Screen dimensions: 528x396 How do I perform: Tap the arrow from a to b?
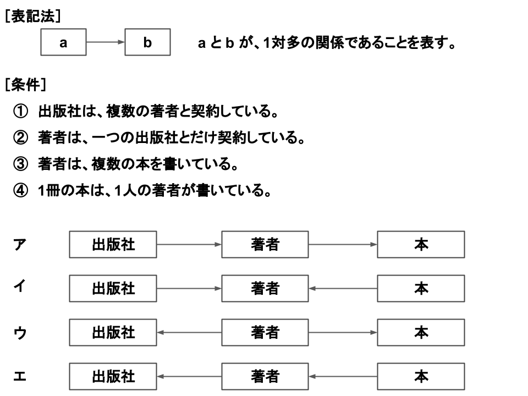[106, 42]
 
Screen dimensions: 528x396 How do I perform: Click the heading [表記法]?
[32, 16]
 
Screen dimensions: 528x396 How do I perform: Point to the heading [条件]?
[26, 85]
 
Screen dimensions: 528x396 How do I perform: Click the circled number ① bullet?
[20, 111]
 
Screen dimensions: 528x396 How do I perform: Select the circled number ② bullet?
[20, 137]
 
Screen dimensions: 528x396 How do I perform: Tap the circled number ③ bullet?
[20, 164]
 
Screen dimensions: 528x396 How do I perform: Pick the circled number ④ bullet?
[20, 190]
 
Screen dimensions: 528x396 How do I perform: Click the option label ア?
[20, 244]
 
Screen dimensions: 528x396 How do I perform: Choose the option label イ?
[20, 286]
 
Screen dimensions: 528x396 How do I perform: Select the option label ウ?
[20, 333]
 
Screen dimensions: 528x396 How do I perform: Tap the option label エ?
[20, 376]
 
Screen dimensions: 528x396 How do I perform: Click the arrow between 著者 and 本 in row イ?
[343, 289]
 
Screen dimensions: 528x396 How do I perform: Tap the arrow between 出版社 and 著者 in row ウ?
[189, 332]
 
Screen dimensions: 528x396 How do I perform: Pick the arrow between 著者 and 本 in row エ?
[343, 376]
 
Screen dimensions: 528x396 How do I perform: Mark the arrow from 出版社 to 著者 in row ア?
[189, 244]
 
